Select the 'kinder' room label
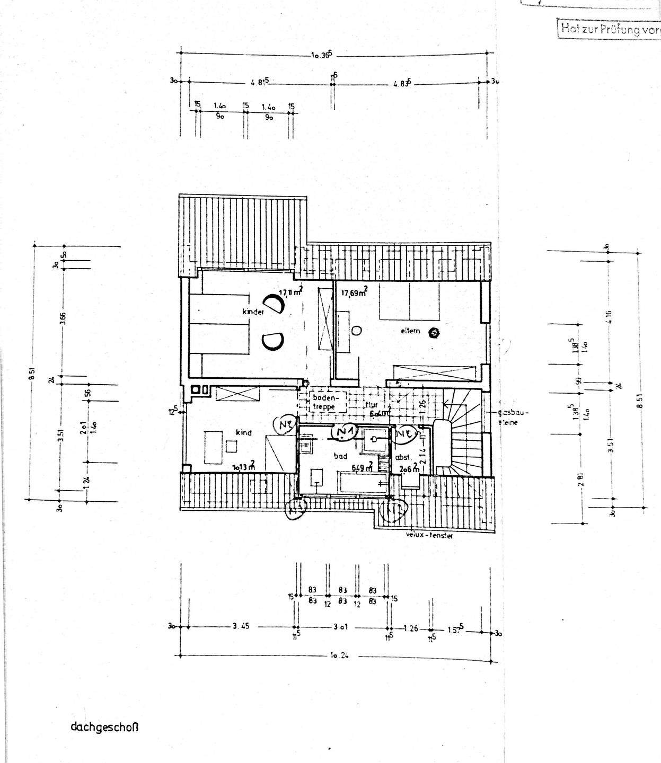[x=253, y=312]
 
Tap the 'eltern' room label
[x=410, y=331]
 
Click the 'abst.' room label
[x=400, y=457]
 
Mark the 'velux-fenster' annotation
[x=429, y=536]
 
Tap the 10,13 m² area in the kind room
[x=244, y=467]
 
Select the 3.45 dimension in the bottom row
[x=241, y=626]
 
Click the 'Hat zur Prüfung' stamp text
[x=609, y=29]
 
